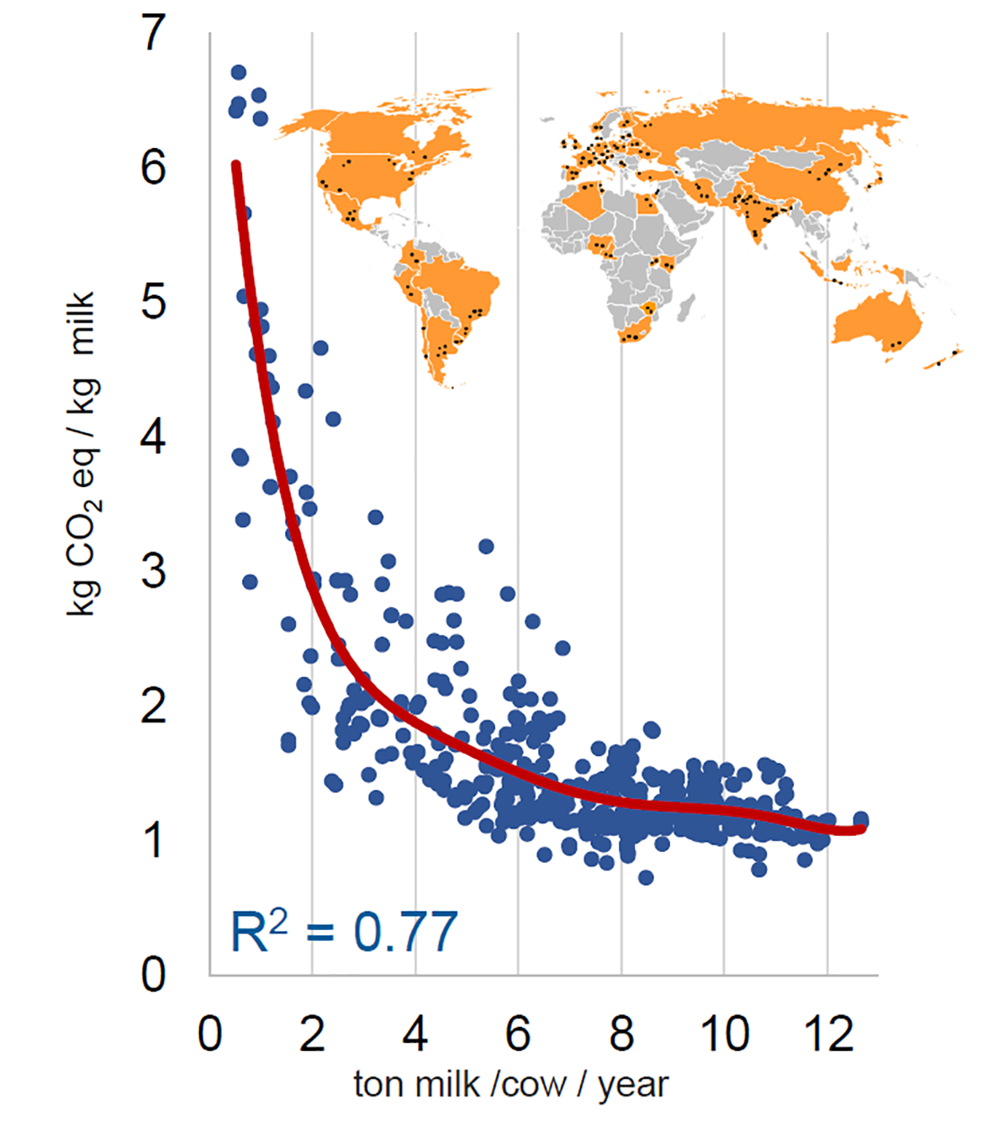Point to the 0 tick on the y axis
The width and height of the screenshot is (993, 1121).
click(155, 976)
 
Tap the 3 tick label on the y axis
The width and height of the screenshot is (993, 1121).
click(155, 572)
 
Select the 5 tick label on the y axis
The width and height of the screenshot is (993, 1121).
click(155, 302)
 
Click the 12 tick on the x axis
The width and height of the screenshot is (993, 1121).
click(828, 1034)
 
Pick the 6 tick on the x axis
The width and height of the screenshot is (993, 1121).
click(518, 1034)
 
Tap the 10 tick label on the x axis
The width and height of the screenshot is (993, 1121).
click(725, 1034)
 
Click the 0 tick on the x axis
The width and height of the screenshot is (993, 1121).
click(210, 1034)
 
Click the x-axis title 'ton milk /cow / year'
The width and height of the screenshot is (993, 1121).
click(510, 1084)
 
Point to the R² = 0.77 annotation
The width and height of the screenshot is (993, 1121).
click(344, 932)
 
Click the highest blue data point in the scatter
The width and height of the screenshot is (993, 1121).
click(239, 72)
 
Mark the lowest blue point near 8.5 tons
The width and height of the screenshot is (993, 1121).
click(646, 878)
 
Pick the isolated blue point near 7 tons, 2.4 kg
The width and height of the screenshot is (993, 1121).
click(563, 648)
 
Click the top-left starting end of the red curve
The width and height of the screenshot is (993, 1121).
click(236, 166)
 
